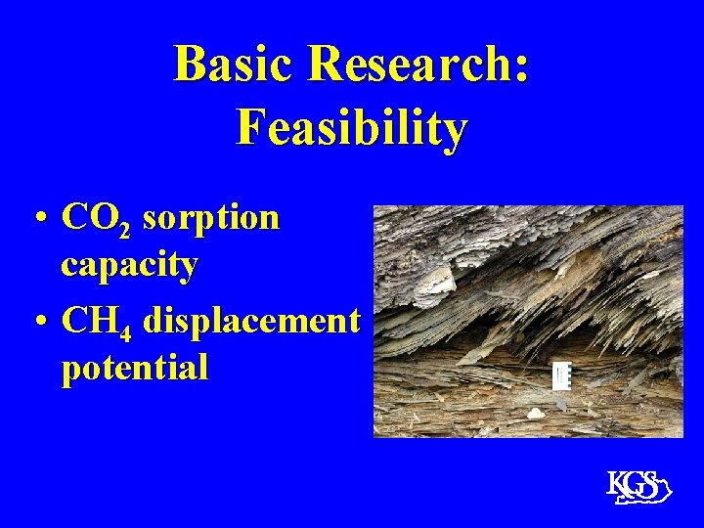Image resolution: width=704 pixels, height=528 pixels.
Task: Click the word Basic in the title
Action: [x=235, y=66]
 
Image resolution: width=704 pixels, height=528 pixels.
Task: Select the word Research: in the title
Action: [x=418, y=66]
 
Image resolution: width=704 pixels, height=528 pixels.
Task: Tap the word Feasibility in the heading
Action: [x=351, y=128]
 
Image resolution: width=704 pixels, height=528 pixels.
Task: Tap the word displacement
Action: [x=251, y=321]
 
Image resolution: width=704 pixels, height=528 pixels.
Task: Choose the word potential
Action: [x=134, y=368]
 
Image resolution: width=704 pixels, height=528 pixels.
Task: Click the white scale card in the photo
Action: [x=561, y=375]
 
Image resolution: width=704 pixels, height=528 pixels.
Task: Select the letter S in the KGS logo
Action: [x=648, y=483]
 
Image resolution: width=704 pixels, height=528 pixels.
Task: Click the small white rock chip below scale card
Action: [x=536, y=413]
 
